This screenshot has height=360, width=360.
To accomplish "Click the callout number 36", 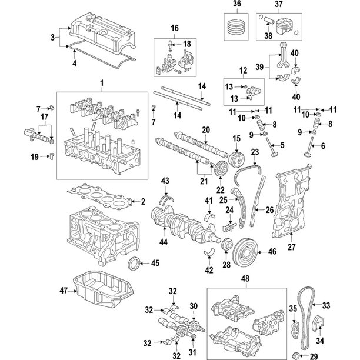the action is pos(236,4).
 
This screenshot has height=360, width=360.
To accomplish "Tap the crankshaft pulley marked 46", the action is pos(245,252).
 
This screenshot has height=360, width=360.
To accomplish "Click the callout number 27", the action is pos(291,247).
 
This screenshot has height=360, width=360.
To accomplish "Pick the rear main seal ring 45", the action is pos(134,263).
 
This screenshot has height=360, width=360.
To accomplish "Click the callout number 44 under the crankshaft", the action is pos(164,242).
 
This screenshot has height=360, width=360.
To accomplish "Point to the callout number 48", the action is pos(245,279).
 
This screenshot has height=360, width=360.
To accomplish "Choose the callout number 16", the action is pos(175,28).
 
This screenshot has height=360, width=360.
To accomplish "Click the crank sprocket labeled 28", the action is pos(226,245).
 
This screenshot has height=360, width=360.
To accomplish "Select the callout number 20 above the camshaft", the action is pos(206,130).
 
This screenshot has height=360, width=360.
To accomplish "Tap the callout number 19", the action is pos(35,157).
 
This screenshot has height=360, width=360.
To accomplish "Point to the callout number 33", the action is pos(326,305).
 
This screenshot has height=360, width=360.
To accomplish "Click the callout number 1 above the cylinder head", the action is pos(102,83).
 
